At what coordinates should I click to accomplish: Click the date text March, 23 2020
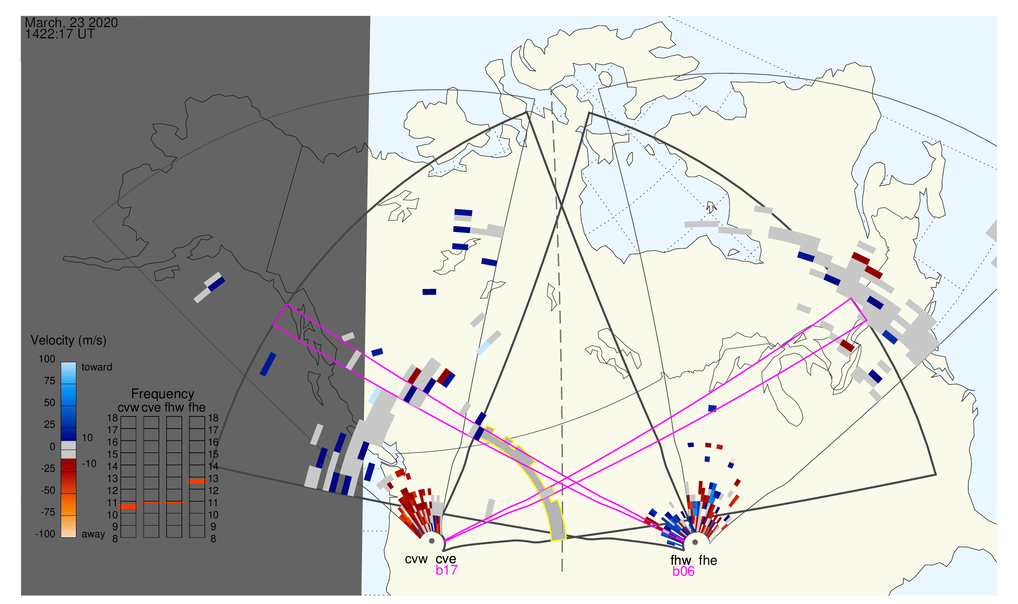pyautogui.click(x=71, y=22)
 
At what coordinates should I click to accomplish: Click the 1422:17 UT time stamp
pyautogui.click(x=60, y=34)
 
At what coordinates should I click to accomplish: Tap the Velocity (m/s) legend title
pyautogui.click(x=68, y=341)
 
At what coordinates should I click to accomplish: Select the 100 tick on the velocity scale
pyautogui.click(x=47, y=359)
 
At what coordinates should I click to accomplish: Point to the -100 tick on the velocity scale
pyautogui.click(x=45, y=534)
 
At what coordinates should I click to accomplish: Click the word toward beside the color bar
pyautogui.click(x=97, y=367)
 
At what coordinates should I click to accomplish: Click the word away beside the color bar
pyautogui.click(x=93, y=534)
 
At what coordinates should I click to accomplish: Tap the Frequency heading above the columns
pyautogui.click(x=163, y=394)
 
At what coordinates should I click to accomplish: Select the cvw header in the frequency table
pyautogui.click(x=128, y=408)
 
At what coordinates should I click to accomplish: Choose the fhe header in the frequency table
pyautogui.click(x=197, y=408)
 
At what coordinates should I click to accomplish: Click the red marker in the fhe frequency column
pyautogui.click(x=197, y=482)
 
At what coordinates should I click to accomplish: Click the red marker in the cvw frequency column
pyautogui.click(x=129, y=507)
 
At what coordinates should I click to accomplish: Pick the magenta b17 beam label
pyautogui.click(x=447, y=570)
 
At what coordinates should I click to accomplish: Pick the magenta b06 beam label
pyautogui.click(x=683, y=572)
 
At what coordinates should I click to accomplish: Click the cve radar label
pyautogui.click(x=446, y=559)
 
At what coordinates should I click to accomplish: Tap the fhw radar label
pyautogui.click(x=681, y=560)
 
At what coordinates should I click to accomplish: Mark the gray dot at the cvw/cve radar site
pyautogui.click(x=432, y=541)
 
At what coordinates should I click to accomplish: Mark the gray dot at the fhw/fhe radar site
pyautogui.click(x=696, y=543)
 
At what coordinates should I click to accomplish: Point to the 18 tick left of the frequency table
pyautogui.click(x=112, y=418)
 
